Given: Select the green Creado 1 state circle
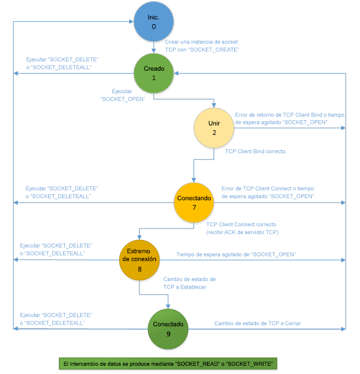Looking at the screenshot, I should [154, 73].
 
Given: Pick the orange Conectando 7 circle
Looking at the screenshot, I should [194, 202].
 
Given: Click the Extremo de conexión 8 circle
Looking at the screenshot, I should [139, 257].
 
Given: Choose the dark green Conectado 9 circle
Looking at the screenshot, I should [168, 328].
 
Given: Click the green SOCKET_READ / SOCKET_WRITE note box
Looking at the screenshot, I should [168, 363].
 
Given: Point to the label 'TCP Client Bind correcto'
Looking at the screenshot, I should [255, 151].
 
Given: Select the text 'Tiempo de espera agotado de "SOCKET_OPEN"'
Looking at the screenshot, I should [236, 254].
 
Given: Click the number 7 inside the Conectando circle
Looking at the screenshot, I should [194, 208].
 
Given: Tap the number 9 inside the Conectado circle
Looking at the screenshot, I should [168, 334].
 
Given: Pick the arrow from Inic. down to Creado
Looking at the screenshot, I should [154, 47].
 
